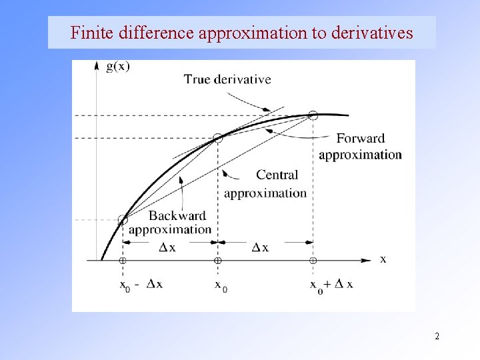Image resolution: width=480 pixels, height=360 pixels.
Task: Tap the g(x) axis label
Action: [x=118, y=67]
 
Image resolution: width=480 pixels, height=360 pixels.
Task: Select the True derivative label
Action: [x=227, y=79]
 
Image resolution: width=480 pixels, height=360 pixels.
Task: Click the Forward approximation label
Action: [x=360, y=147]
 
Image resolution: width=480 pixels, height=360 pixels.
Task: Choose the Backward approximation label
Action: [x=171, y=223]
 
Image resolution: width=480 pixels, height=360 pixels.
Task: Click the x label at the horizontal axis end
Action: [x=383, y=259]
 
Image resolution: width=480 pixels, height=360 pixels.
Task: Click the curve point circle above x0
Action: [x=217, y=138]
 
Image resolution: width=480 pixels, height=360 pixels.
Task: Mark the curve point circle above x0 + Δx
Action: [x=313, y=115]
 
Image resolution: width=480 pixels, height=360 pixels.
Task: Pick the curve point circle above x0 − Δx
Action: [x=123, y=220]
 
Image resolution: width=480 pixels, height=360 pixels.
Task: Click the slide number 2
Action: [x=437, y=336]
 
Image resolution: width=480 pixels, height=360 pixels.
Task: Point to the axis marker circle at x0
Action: [x=217, y=260]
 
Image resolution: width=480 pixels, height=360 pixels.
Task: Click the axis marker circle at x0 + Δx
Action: [x=313, y=260]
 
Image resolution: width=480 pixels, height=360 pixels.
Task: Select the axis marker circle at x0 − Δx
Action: [x=123, y=260]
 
